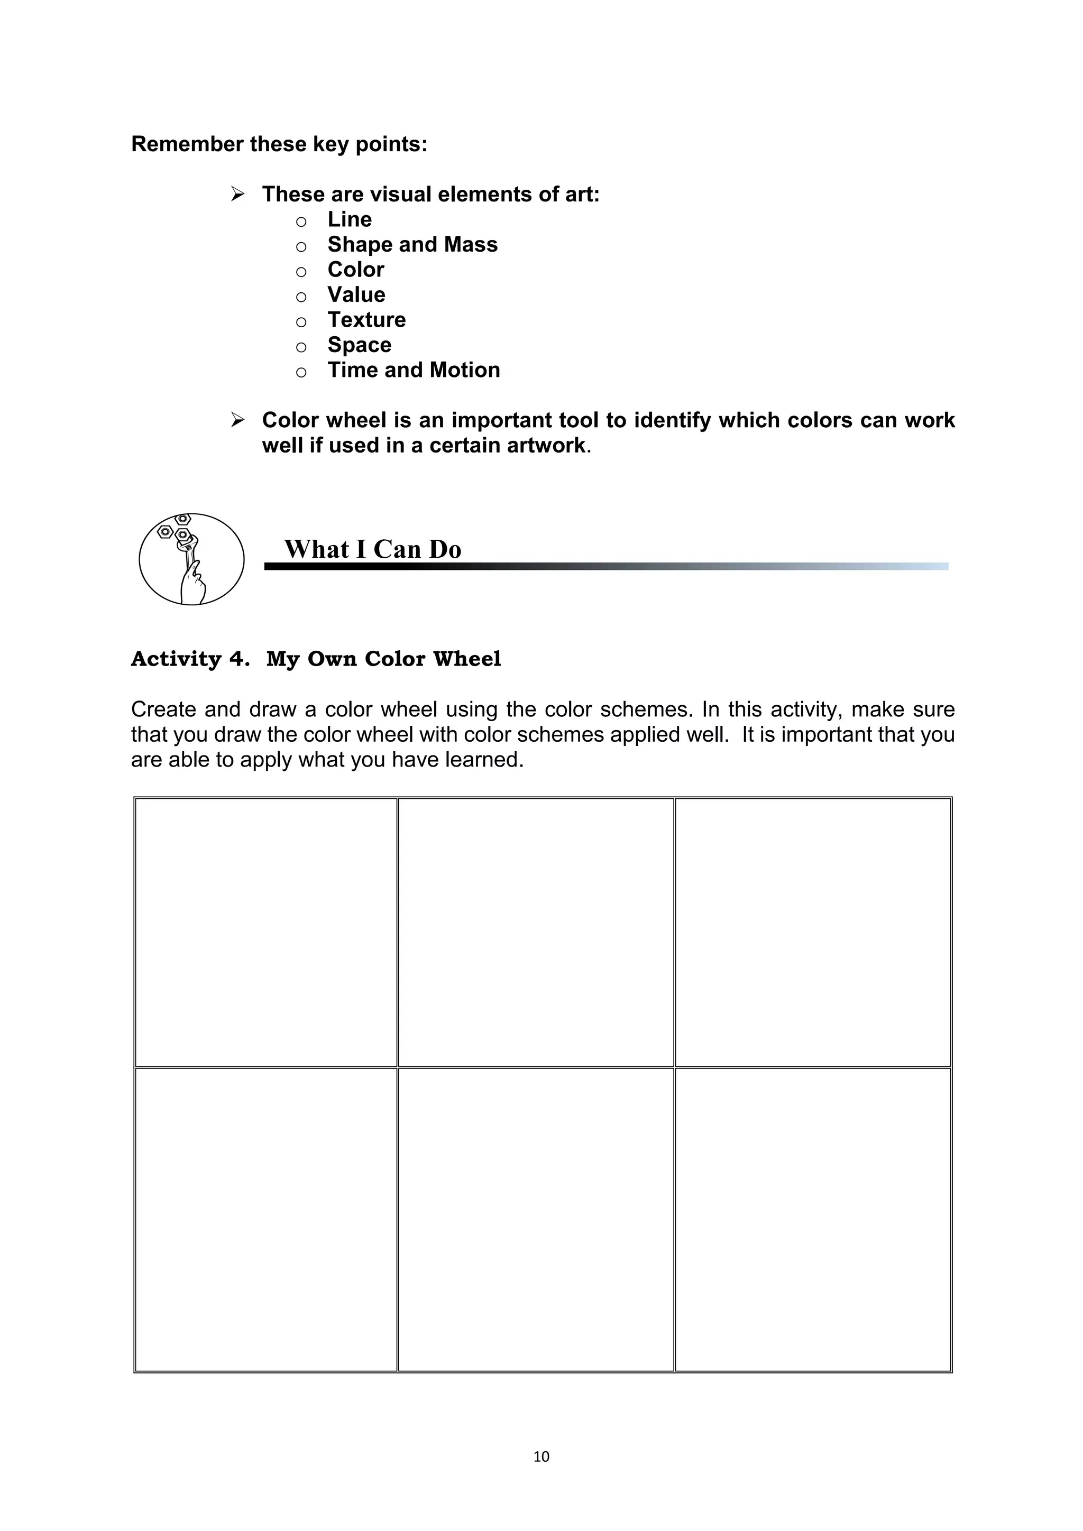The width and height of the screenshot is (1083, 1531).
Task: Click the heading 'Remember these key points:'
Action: (279, 144)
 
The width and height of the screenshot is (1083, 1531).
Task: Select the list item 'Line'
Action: (350, 219)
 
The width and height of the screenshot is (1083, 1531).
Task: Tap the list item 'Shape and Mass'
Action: (412, 245)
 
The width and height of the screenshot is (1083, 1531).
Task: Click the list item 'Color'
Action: (355, 270)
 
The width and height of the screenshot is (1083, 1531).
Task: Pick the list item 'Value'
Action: (356, 295)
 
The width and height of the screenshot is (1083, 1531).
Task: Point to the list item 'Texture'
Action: (366, 320)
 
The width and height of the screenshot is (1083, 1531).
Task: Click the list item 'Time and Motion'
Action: (414, 370)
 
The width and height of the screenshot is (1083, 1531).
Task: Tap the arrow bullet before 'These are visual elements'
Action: (237, 195)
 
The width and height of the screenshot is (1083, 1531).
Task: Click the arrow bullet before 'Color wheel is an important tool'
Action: (237, 420)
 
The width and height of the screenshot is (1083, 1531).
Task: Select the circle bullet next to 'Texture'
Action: (301, 322)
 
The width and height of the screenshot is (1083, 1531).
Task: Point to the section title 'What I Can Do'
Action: (373, 549)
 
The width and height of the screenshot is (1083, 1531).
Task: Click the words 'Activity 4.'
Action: (190, 659)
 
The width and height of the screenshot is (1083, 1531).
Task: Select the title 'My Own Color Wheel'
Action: (383, 659)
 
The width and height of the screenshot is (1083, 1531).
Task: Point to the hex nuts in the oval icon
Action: (175, 528)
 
